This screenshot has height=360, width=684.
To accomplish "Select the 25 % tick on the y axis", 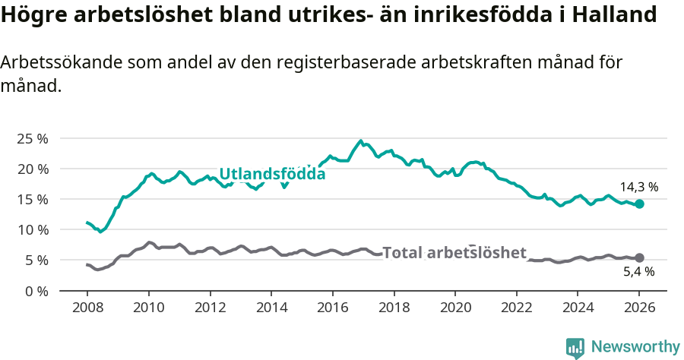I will pos(33,138).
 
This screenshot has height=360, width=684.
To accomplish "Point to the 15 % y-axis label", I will pos(33,199).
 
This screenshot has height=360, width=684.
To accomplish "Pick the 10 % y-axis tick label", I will pos(33,229).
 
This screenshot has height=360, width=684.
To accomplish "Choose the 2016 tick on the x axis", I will pos(332,308).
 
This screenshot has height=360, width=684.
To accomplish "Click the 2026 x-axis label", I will pos(639,308).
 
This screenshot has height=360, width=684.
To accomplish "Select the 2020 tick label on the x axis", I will pos(455,308).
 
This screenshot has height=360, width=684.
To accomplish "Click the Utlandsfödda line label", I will pos(272,174).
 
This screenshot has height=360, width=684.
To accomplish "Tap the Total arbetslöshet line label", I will pos(454,253).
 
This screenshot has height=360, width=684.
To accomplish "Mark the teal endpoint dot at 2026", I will pos(639,204).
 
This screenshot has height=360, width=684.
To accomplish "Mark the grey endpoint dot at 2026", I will pos(639,258).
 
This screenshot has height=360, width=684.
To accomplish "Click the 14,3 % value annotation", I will pos(638,187).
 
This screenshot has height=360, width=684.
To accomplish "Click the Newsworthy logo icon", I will pos(575,347).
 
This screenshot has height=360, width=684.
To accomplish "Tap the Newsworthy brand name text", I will pos(635,347).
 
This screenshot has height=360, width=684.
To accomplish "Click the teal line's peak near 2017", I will pos(361,141).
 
